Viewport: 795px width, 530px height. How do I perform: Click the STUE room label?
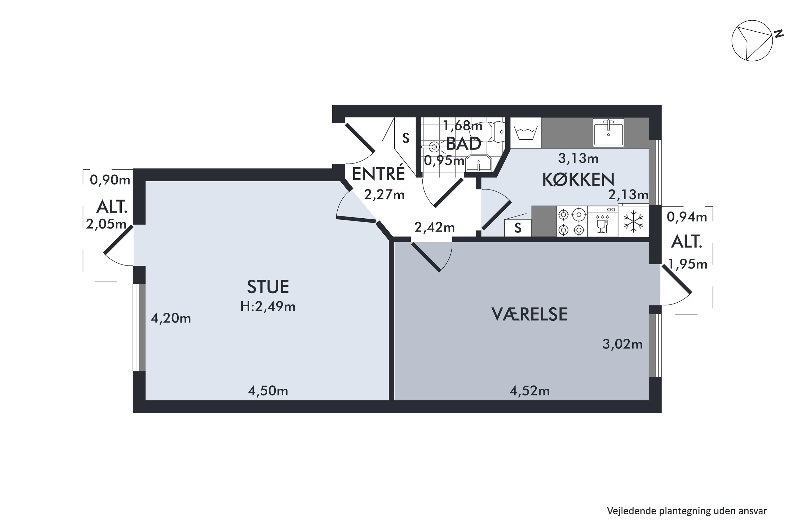pos(268,287)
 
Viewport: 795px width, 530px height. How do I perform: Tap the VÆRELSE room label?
pos(529,314)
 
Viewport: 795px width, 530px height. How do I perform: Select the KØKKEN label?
pos(578,180)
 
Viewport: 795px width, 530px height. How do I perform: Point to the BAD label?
pos(463,144)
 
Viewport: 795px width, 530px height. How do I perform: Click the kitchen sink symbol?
pos(608,132)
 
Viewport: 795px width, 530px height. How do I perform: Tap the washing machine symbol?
pos(525,132)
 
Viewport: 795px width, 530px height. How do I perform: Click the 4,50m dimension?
pos(268,391)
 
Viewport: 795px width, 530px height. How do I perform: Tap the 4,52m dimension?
pos(529,391)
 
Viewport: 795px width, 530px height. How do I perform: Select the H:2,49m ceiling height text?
pos(268,307)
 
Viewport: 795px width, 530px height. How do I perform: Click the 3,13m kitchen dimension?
pos(578,158)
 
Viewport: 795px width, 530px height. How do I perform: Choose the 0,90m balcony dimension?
pos(110,180)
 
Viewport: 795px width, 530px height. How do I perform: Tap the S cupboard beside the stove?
pos(518,228)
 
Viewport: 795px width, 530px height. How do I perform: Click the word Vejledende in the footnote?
pos(631,511)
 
